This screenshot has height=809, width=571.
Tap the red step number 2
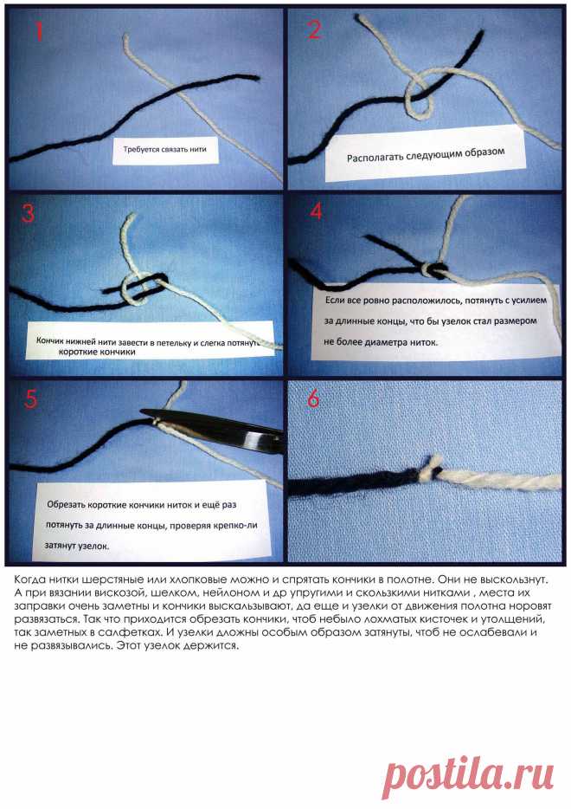314,29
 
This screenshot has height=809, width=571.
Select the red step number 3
29,212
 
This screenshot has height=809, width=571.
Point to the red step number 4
316,211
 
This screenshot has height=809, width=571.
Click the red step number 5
30,398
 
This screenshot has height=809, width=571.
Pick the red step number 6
313,398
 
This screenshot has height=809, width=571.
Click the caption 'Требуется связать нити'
164,149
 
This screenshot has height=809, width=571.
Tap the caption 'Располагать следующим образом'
425,155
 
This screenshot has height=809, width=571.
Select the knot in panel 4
433,269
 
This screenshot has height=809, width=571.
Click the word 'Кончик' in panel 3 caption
48,341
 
